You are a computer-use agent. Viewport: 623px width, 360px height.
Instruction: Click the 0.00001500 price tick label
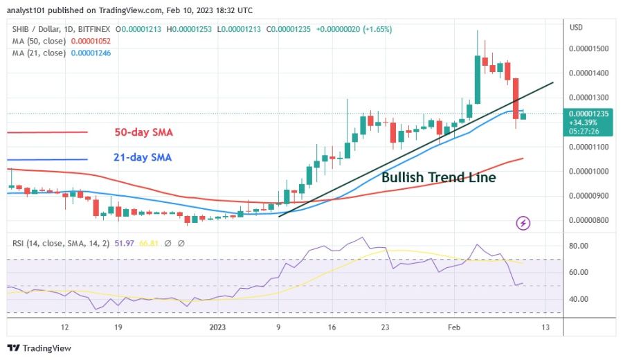[x=590, y=48]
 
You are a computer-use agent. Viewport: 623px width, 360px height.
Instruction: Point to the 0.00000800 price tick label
[x=590, y=220]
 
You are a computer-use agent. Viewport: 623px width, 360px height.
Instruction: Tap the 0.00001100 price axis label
[x=590, y=147]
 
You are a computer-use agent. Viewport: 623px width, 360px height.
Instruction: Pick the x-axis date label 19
[x=118, y=327]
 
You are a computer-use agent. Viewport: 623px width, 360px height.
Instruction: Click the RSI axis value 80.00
[x=579, y=246]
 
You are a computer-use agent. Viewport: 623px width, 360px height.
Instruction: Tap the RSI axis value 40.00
[x=579, y=299]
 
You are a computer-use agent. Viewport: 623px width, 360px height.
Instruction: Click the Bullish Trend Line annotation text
[x=439, y=177]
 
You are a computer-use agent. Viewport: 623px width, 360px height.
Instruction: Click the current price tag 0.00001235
[x=590, y=113]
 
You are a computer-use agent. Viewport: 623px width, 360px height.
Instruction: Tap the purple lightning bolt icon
[x=524, y=223]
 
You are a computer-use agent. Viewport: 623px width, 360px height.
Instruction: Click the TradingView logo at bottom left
[x=39, y=348]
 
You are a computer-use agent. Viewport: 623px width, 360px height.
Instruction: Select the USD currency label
[x=576, y=27]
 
